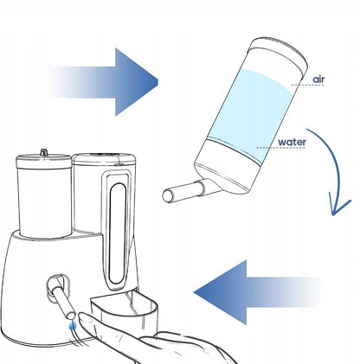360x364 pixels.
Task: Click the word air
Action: (x=318, y=80)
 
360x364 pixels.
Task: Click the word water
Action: (x=292, y=142)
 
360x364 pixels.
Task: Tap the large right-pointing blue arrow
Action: (x=103, y=82)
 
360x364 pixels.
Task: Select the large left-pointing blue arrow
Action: (x=258, y=292)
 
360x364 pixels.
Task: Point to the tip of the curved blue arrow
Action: (x=333, y=214)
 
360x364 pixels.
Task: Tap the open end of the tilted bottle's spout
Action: (x=167, y=196)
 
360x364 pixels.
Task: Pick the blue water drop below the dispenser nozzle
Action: (x=73, y=326)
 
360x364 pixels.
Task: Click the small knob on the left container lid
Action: (x=43, y=152)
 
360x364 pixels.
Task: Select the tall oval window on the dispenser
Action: (x=118, y=233)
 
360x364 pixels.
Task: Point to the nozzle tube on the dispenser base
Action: (x=64, y=300)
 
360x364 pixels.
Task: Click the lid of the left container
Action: (x=43, y=162)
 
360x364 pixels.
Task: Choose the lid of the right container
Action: (x=105, y=159)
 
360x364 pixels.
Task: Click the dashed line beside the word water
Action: (x=280, y=148)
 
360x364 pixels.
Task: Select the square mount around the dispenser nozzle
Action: (x=58, y=288)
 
